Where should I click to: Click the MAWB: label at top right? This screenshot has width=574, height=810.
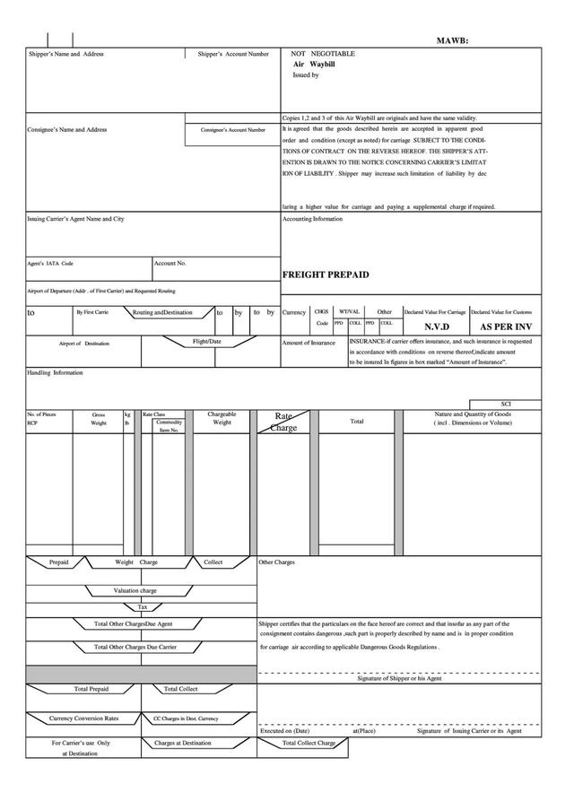click(x=452, y=40)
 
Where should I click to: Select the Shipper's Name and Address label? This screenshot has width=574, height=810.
click(x=65, y=55)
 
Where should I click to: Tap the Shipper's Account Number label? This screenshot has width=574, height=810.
click(x=233, y=55)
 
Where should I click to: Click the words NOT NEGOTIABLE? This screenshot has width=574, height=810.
click(x=323, y=54)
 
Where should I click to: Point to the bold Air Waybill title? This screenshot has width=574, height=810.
click(x=313, y=65)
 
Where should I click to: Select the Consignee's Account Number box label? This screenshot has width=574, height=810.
click(x=233, y=130)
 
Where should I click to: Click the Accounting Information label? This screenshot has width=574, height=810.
click(x=312, y=219)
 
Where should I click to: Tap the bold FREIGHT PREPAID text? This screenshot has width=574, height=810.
click(x=326, y=274)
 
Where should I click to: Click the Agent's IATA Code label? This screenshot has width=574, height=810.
click(x=50, y=264)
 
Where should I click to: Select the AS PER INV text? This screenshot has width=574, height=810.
click(x=506, y=327)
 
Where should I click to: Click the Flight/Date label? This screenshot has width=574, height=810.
click(x=207, y=342)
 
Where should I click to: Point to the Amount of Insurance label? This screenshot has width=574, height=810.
click(x=309, y=344)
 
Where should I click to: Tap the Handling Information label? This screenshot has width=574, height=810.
click(x=55, y=372)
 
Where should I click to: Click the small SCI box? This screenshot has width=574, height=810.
click(x=506, y=405)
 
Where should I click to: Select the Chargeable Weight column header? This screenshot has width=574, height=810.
click(x=222, y=418)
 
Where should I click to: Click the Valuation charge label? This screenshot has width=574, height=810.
click(x=135, y=591)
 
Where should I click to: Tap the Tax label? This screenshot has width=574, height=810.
click(x=142, y=607)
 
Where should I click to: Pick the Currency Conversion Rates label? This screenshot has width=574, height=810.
click(x=83, y=719)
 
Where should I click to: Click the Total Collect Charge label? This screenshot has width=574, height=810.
click(x=309, y=743)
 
